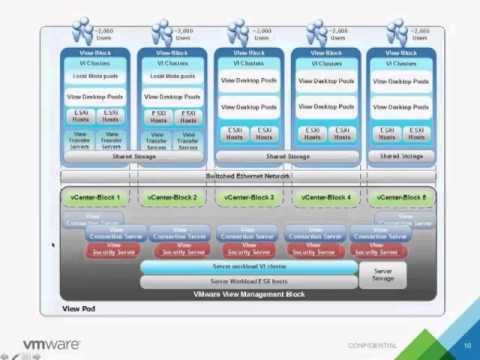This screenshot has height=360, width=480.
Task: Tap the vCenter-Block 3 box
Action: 250,198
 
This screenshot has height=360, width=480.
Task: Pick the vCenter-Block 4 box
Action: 327,198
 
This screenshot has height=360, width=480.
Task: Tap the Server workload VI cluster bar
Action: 248,268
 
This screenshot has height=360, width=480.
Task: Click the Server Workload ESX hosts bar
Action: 248,282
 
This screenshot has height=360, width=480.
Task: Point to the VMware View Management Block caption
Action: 248,295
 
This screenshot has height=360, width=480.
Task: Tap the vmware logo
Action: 44,344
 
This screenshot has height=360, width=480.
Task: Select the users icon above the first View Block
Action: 82,34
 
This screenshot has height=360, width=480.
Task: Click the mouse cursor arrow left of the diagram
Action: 53,243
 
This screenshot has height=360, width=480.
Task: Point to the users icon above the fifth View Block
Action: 396,34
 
